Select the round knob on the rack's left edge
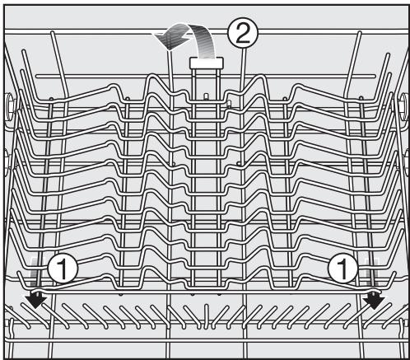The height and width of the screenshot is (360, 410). [x=7, y=105]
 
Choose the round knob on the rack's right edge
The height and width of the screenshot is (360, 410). [x=403, y=105]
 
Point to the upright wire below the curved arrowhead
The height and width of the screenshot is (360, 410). [x=168, y=74]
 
